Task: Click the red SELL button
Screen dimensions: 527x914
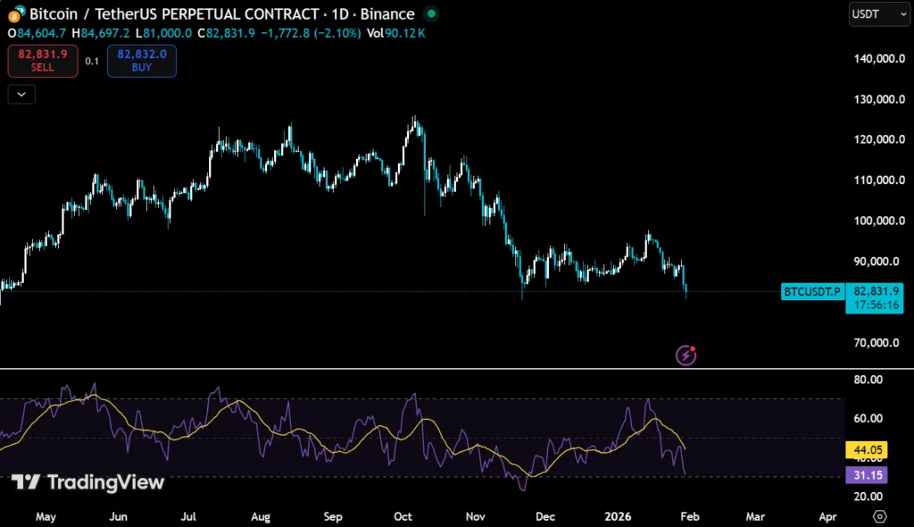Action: click(43, 61)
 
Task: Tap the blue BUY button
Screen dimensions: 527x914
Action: click(141, 61)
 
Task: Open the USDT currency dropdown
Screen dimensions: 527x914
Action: click(878, 14)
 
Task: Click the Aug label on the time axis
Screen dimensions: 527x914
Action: click(261, 516)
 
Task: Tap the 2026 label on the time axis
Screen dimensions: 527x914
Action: click(618, 516)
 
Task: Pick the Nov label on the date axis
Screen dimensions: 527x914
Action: click(475, 516)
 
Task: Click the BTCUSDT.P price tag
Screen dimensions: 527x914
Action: click(811, 291)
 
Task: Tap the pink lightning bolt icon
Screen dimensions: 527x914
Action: click(685, 356)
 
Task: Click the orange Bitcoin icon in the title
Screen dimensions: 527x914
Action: click(15, 14)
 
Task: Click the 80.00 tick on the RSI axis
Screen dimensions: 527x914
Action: click(868, 380)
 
